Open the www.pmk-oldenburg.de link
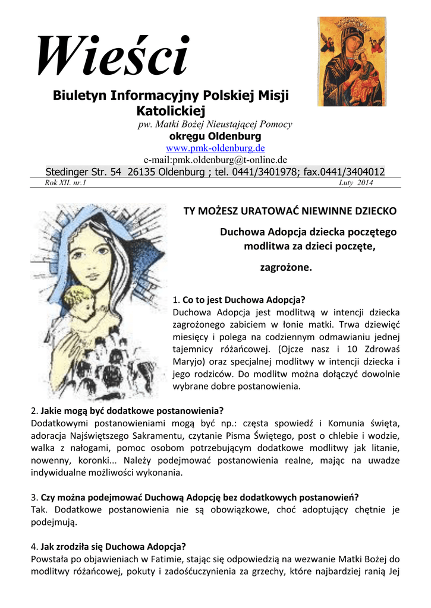pos(215,148)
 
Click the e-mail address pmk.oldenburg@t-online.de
pos(216,160)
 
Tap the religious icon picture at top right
pos(351,62)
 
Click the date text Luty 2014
pos(356,183)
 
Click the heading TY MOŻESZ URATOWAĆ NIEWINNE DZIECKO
pos(290,211)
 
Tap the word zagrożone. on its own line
pos(286,268)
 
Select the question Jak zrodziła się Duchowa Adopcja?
pos(114,546)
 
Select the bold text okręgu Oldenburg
pos(215,136)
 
